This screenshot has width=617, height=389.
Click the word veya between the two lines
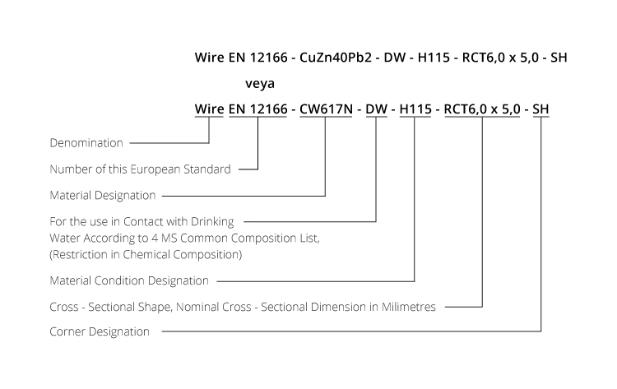260,83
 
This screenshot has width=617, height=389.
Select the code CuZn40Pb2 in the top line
336,58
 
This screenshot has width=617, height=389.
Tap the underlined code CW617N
326,109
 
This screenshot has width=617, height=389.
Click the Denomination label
86,143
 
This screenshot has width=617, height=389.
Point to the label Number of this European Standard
140,169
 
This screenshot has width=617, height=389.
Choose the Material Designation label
103,195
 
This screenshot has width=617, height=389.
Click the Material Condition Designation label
129,280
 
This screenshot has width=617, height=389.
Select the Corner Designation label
100,331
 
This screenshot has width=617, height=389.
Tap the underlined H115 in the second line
415,109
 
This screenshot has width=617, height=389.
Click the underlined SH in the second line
540,109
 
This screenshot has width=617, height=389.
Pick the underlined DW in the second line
376,109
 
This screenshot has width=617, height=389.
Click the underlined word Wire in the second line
209,109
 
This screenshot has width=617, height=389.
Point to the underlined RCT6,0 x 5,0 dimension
482,109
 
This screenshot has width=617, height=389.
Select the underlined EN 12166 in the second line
257,109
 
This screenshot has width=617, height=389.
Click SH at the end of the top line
559,58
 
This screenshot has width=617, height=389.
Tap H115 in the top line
434,58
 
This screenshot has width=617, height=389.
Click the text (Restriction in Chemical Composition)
146,254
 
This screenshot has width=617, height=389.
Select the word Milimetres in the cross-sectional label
408,307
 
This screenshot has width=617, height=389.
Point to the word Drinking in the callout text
212,221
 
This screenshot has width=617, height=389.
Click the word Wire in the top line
209,58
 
